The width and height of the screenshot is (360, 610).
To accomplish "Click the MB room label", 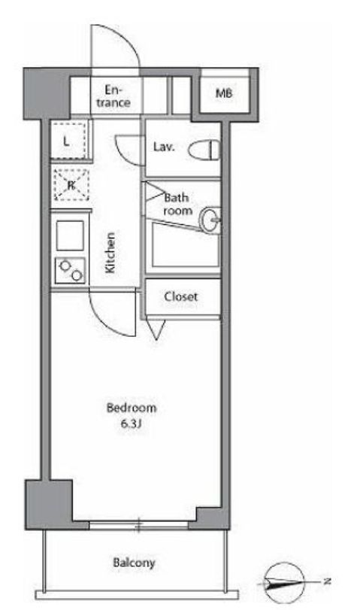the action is click(x=224, y=93).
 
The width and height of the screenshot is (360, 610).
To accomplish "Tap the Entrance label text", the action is click(x=113, y=96).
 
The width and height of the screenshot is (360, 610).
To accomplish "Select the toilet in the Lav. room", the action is click(x=204, y=150).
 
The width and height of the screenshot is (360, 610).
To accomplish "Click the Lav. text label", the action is click(x=164, y=147).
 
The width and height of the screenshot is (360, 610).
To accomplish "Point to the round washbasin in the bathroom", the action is click(x=210, y=220).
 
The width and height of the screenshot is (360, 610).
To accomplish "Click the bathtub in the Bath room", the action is click(x=186, y=245).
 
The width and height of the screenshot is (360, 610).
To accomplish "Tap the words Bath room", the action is click(x=177, y=204).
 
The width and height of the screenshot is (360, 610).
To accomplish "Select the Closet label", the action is click(x=181, y=296).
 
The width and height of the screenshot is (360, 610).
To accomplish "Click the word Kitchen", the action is click(x=110, y=252).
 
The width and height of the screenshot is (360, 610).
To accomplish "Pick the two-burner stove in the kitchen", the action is click(x=71, y=270).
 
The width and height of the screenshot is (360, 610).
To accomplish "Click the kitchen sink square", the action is click(x=70, y=235).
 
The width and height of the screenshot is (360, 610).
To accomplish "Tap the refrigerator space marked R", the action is click(x=71, y=185).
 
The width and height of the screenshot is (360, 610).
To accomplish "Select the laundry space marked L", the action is click(x=68, y=141).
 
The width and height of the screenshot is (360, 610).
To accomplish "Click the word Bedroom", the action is click(x=132, y=408).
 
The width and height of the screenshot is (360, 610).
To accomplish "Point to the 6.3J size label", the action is click(x=130, y=424).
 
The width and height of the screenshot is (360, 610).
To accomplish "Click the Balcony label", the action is click(x=134, y=563).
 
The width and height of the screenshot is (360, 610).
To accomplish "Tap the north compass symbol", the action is click(x=284, y=583).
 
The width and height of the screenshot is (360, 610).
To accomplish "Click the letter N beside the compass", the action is click(x=328, y=582).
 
